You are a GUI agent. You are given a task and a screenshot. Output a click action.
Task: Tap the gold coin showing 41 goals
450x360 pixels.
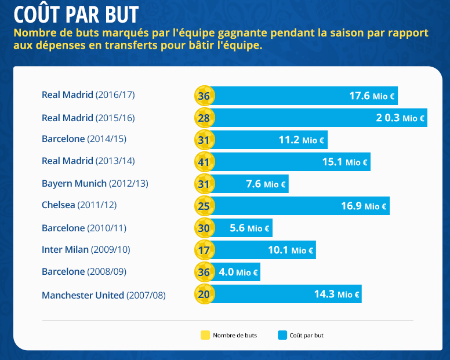pos(204,162)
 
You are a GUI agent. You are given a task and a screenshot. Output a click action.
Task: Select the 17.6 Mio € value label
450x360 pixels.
pos(372,96)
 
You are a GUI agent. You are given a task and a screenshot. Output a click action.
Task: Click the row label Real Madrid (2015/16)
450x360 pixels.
pos(88,118)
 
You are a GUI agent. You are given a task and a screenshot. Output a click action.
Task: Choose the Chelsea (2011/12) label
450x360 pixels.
pos(79,205)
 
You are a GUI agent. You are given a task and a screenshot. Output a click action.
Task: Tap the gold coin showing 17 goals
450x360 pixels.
pos(204,250)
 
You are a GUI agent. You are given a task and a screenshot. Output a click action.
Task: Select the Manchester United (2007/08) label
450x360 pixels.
pos(104,295)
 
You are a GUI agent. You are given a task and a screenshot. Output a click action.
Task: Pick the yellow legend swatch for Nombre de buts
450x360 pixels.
pos(204,335)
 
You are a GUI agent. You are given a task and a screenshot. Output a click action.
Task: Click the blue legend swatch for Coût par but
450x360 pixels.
pos(283,335)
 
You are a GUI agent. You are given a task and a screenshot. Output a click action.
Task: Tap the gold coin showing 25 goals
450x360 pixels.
pos(204,206)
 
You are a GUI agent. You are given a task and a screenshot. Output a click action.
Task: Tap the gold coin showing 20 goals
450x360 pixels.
pos(204,294)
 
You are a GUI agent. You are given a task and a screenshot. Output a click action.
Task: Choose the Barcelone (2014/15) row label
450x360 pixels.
pos(84,139)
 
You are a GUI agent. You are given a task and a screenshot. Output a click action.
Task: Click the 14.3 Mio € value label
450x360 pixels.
pos(337,294)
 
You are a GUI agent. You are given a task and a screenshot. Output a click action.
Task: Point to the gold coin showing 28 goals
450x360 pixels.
pos(204,118)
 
